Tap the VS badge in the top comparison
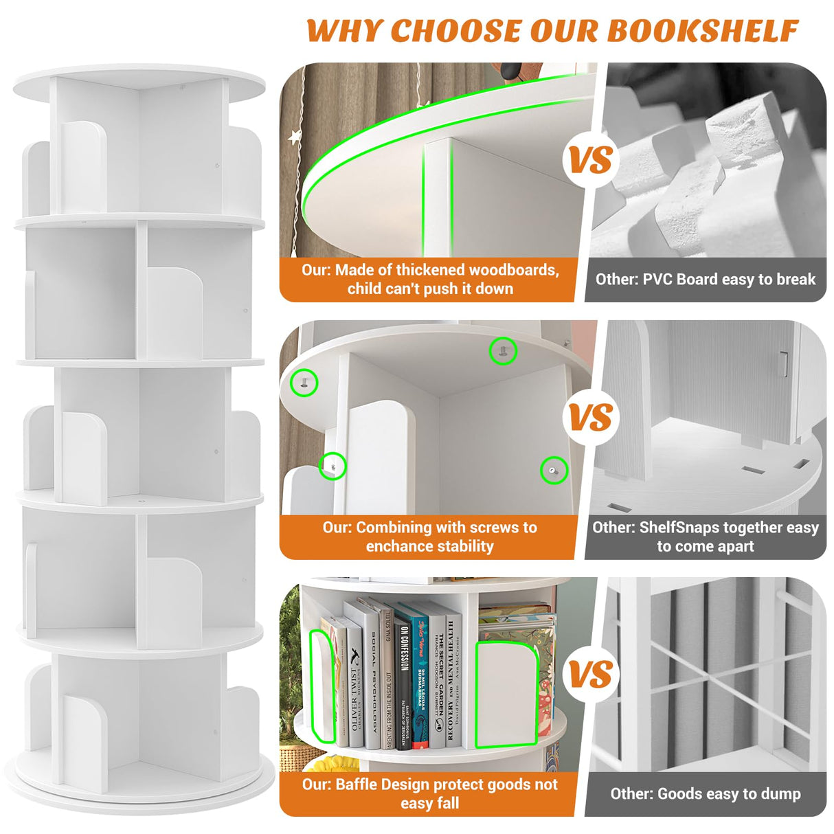(x=590, y=160)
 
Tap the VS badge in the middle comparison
(x=590, y=418)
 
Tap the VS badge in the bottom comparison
(x=590, y=675)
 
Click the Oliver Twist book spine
(x=354, y=687)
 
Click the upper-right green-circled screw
(x=503, y=351)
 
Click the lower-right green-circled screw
(x=554, y=470)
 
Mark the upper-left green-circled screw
(x=304, y=382)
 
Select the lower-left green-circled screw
(x=333, y=466)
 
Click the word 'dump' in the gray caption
(x=782, y=794)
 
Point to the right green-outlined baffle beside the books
(x=507, y=694)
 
